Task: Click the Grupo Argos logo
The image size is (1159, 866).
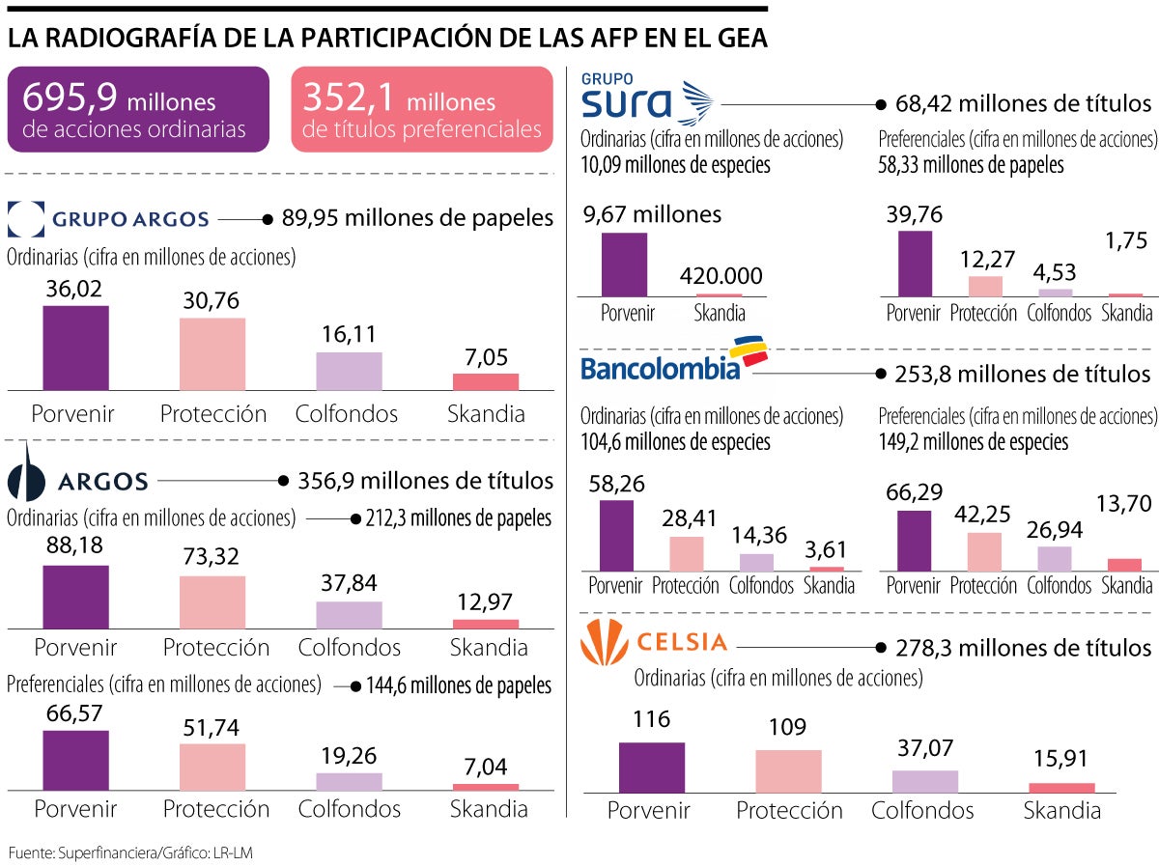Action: point(108,218)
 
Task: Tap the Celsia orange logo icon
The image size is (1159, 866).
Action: point(604,641)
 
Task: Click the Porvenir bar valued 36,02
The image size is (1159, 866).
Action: point(75,348)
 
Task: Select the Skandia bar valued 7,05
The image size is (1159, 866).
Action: point(486,381)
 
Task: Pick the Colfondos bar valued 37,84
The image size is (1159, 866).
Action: point(349,615)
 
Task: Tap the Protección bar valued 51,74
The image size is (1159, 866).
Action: point(212,767)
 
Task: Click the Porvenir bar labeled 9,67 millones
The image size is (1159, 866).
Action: point(624,264)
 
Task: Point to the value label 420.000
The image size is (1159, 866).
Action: point(720,276)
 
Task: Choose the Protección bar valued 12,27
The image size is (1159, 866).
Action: point(985,286)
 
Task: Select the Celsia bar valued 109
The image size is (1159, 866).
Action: point(788,771)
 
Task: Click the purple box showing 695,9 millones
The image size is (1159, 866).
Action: point(137,110)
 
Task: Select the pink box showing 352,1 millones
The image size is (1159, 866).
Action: point(422,110)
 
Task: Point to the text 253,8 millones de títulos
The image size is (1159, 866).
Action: point(1023,373)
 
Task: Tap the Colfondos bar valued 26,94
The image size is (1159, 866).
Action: point(1055,559)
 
